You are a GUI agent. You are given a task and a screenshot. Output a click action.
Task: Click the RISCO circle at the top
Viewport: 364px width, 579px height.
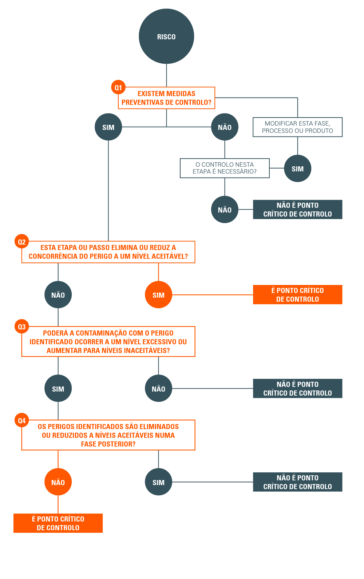166,36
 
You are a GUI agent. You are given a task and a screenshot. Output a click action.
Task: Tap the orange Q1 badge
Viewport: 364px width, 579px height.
118,87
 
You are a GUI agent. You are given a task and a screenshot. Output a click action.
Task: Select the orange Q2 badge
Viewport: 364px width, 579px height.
22,242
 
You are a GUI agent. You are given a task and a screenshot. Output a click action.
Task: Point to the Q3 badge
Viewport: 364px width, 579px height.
22,326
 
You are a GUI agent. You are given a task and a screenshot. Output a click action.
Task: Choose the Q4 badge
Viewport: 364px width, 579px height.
22,420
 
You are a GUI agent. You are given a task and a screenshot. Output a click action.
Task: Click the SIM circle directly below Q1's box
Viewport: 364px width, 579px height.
108,127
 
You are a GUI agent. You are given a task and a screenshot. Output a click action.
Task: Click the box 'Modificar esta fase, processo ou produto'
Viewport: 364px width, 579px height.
297,127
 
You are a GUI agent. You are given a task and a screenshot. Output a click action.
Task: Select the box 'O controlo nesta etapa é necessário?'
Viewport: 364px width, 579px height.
225,168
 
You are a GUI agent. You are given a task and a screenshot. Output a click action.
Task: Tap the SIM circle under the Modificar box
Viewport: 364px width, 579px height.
297,168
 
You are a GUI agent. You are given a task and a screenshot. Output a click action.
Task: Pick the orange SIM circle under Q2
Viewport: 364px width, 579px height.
158,295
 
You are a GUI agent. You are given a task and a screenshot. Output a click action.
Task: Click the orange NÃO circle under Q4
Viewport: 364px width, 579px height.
58,482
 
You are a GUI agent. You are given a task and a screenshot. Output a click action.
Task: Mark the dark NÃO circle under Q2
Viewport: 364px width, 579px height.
58,295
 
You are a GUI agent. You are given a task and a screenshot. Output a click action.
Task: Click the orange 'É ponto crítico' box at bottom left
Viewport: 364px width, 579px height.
58,523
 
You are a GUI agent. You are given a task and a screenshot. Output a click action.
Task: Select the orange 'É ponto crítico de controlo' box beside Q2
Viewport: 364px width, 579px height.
297,295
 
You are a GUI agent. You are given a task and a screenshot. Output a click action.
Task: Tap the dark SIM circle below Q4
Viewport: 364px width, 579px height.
158,482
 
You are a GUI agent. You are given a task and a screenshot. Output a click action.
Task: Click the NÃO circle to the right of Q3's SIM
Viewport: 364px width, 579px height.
158,389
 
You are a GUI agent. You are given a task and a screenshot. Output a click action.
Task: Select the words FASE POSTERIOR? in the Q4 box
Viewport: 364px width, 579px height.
108,444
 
